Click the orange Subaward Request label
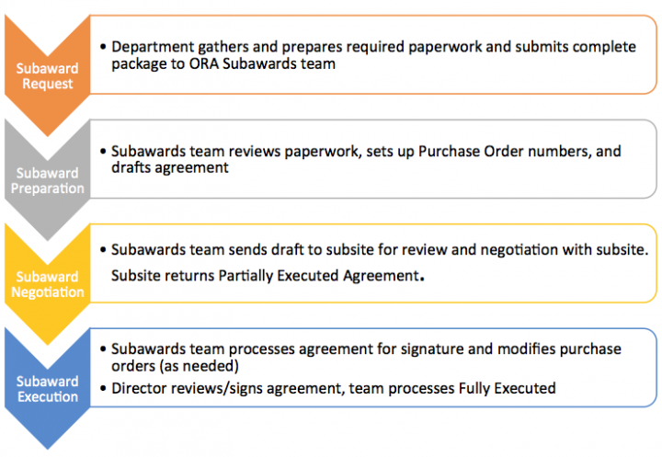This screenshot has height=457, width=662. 47,76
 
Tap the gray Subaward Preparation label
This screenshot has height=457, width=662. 47,180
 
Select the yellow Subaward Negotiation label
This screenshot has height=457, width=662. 47,284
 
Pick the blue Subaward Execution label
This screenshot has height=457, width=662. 47,389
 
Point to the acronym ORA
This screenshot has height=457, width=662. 204,63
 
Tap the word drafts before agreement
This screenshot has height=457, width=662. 131,167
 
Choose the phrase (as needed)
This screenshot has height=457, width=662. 199,366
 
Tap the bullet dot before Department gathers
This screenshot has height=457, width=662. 103,47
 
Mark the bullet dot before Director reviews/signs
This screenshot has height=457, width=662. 103,389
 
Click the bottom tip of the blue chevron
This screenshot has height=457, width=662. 48,450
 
